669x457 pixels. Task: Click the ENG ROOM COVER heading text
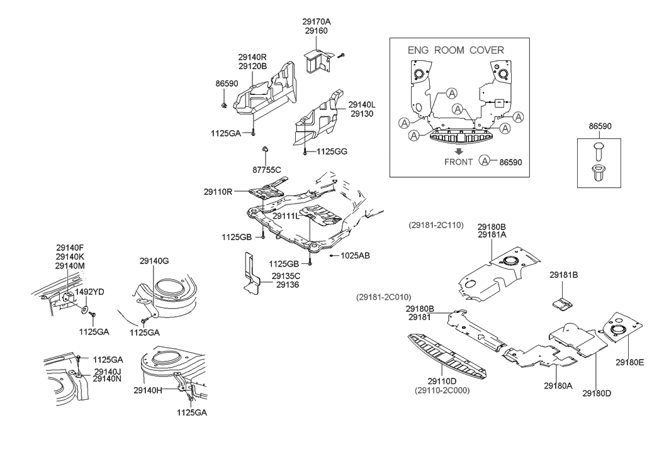pyautogui.click(x=456, y=50)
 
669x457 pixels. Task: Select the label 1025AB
pyautogui.click(x=355, y=256)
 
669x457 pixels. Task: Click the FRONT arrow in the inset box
pyautogui.click(x=459, y=151)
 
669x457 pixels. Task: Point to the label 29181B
pyautogui.click(x=564, y=275)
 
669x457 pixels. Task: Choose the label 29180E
pyautogui.click(x=630, y=362)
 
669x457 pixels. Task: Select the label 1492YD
pyautogui.click(x=90, y=292)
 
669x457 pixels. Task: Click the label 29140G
pyautogui.click(x=154, y=260)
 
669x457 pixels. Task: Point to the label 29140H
pyautogui.click(x=149, y=390)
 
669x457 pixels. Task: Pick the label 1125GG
pyautogui.click(x=332, y=151)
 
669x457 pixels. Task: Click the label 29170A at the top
pyautogui.click(x=317, y=21)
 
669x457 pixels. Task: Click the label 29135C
pyautogui.click(x=286, y=275)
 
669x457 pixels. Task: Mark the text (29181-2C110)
pyautogui.click(x=435, y=224)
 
